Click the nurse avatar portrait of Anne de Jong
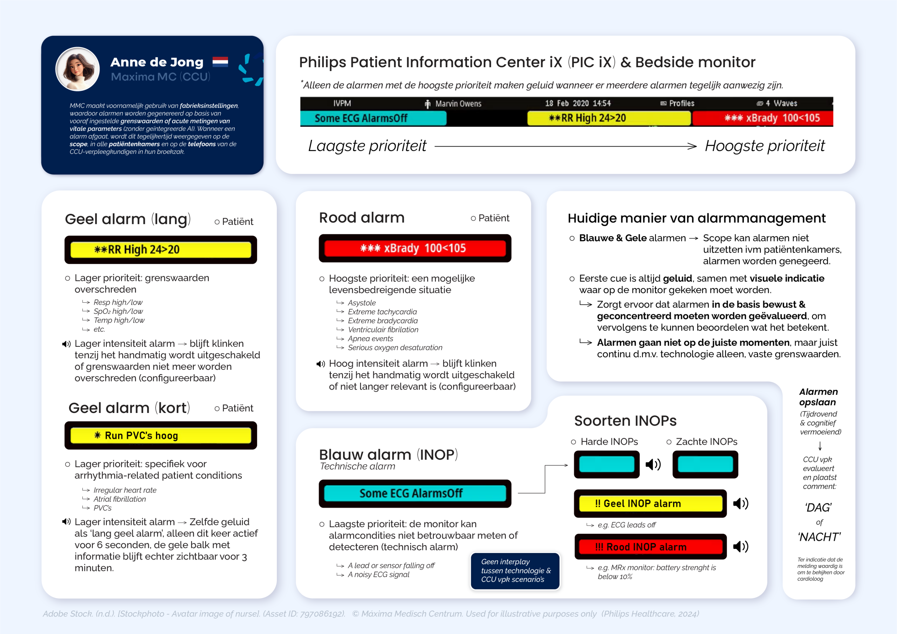coord(77,69)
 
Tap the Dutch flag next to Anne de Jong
coord(220,62)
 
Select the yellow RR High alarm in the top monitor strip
coord(608,118)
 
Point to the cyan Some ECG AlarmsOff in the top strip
coord(373,118)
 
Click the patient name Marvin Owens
coord(458,104)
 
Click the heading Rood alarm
coord(361,218)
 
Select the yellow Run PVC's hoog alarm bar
coord(160,435)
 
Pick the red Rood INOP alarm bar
coord(650,546)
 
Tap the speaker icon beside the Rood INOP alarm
coord(740,546)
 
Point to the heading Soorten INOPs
coord(625,421)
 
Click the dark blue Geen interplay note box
coord(515,570)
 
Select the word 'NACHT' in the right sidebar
coord(819,537)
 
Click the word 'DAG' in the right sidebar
coord(818,508)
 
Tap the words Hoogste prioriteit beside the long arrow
coord(764,146)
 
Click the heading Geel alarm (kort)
coord(129,408)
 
